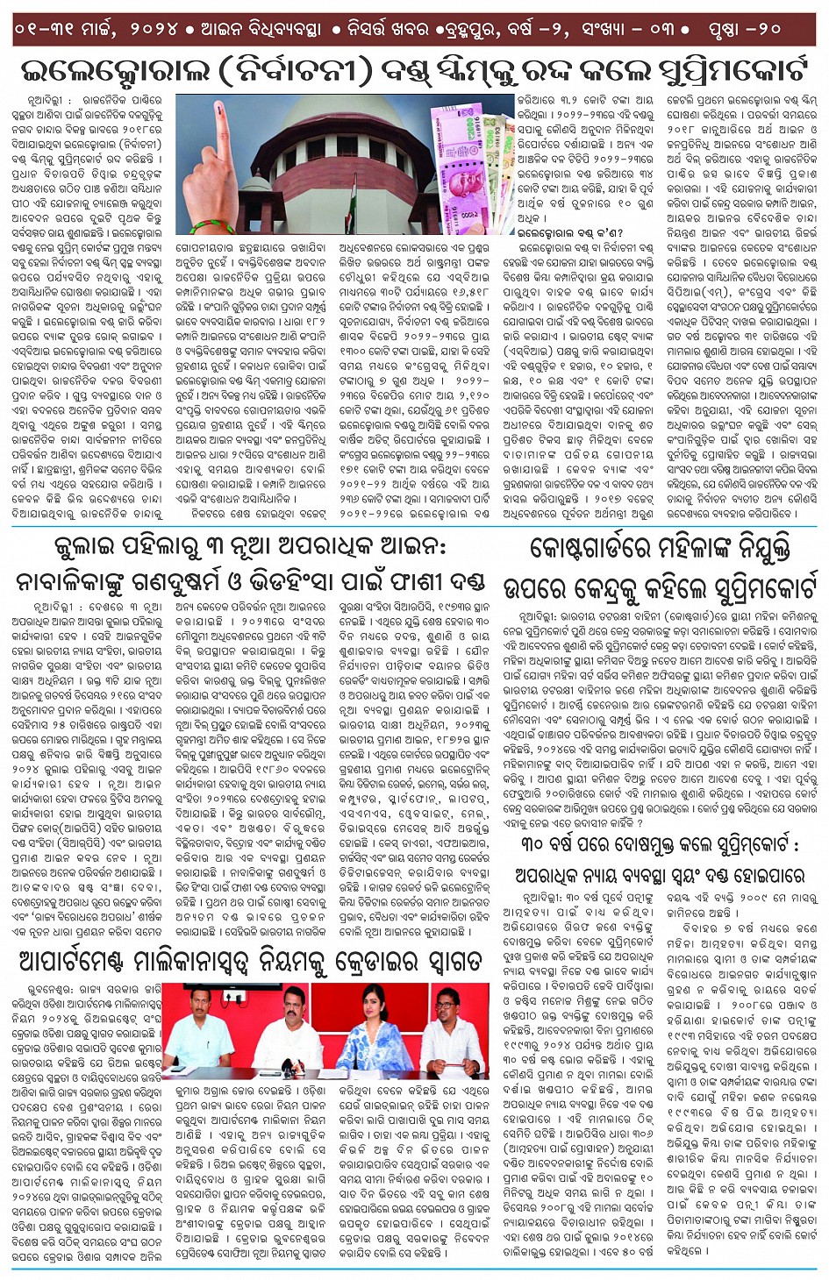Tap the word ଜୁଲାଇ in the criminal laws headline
click(88, 545)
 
